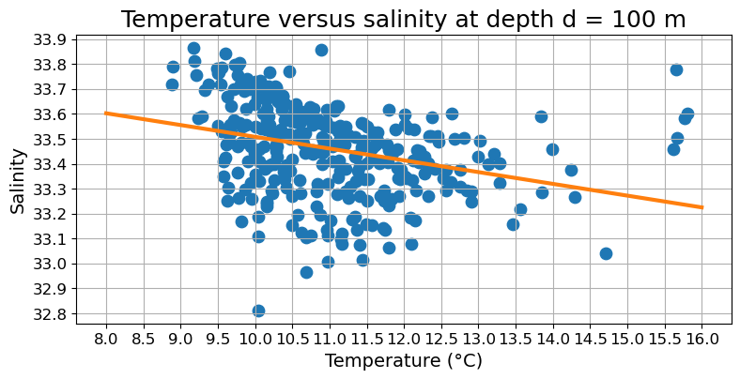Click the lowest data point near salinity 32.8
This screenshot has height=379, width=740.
(258, 311)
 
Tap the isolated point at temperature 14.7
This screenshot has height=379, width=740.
(606, 253)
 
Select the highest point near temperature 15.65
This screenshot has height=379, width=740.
(676, 69)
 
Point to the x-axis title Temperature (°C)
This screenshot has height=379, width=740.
(404, 360)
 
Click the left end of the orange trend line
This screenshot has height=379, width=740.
(106, 113)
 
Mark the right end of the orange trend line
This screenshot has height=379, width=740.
(702, 207)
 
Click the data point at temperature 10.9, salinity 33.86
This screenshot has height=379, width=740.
(321, 50)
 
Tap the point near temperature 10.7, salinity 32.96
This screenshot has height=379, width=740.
(306, 272)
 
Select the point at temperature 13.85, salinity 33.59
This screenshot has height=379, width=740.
(541, 116)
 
